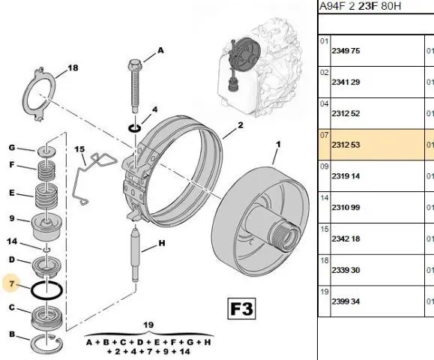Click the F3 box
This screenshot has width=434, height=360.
point(241,308)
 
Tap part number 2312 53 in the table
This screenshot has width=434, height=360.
point(346,145)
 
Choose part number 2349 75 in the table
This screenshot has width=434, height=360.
point(346,51)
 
